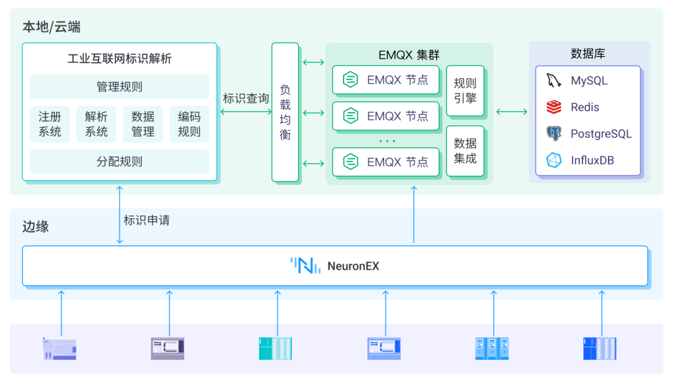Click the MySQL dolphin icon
tap(554, 81)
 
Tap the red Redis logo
tap(554, 107)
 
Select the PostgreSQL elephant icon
tap(554, 134)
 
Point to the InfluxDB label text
tap(592, 160)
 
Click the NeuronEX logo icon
tap(305, 266)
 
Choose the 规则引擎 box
tap(465, 91)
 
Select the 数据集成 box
tap(465, 151)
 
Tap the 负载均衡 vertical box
tap(285, 112)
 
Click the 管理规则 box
tap(119, 87)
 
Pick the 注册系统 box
tap(50, 124)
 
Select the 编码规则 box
tap(189, 124)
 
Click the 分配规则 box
tap(119, 161)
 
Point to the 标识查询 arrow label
tap(245, 99)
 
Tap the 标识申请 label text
tap(146, 220)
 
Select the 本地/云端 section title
tap(51, 27)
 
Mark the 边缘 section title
tap(35, 227)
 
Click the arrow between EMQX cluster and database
tap(511, 112)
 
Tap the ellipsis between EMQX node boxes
tap(386, 140)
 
